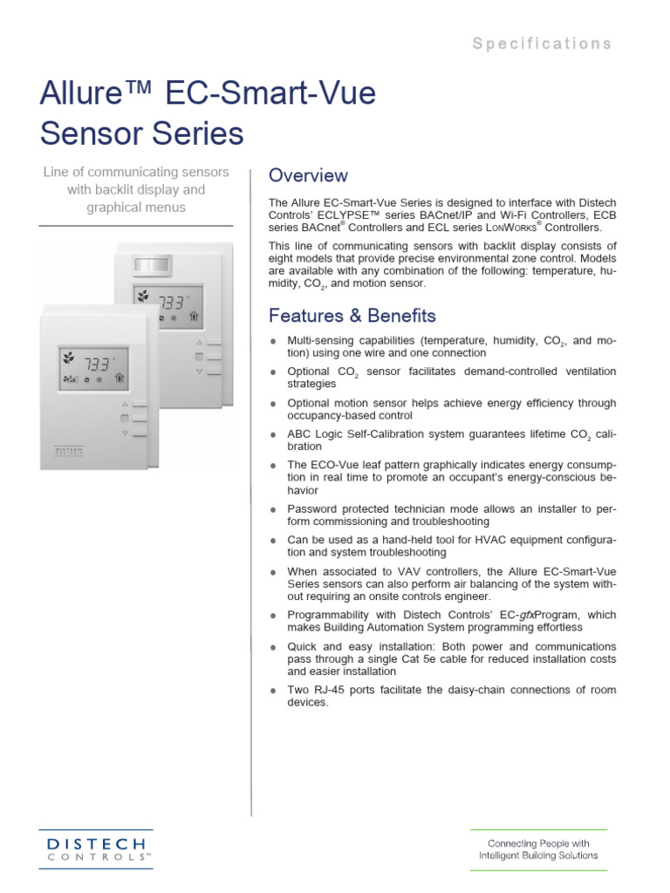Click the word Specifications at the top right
click(x=542, y=44)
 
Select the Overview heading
click(x=308, y=176)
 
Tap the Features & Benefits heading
click(x=352, y=316)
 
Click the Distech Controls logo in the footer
click(x=96, y=849)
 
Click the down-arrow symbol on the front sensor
click(x=125, y=433)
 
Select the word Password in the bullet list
click(x=315, y=508)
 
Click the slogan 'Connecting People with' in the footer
click(x=538, y=843)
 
